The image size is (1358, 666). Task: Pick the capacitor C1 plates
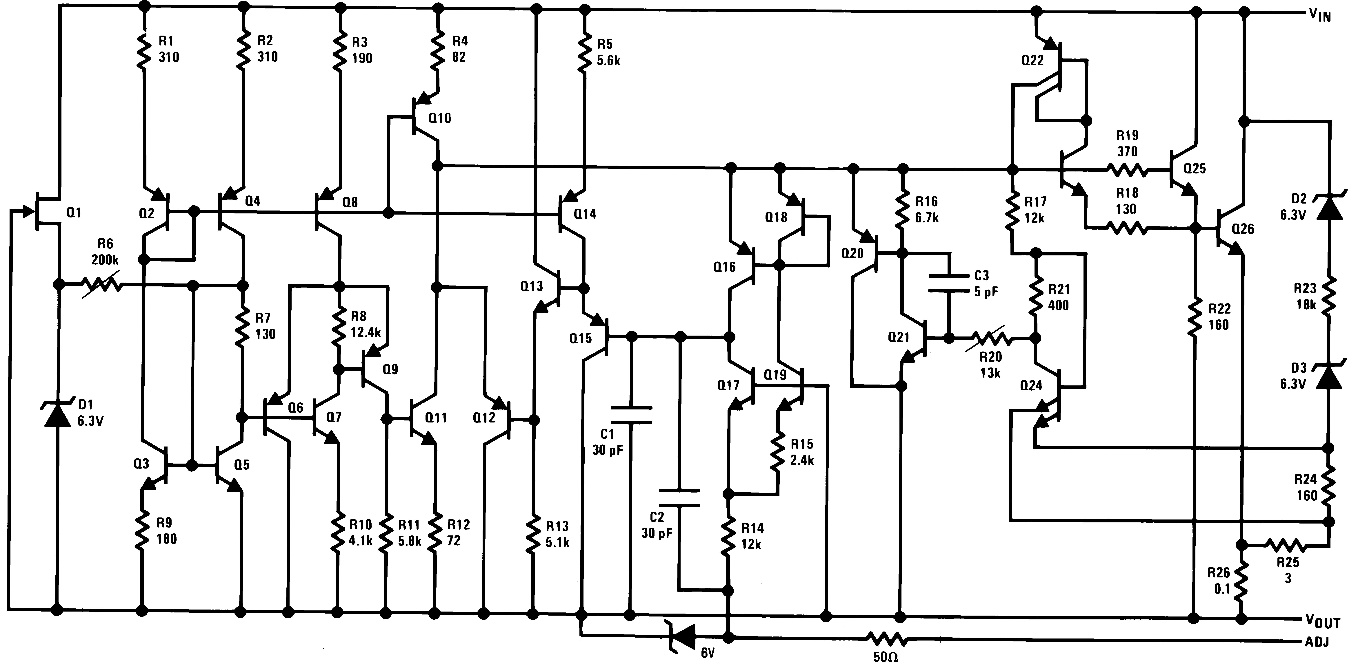tap(631, 415)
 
